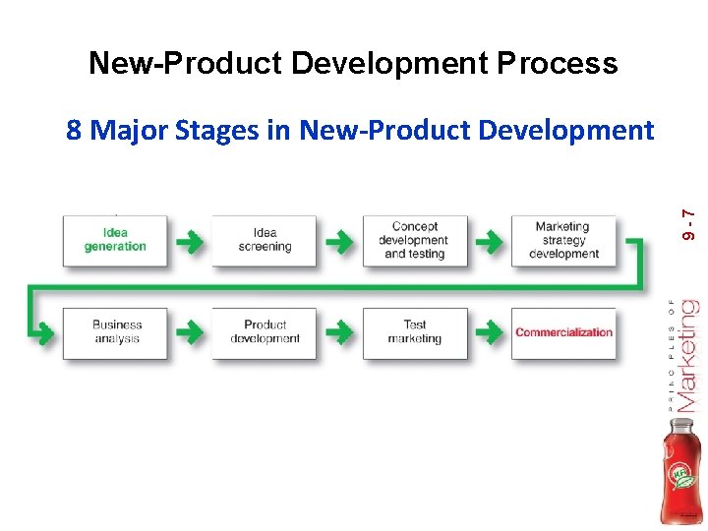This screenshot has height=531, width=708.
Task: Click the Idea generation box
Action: coord(115,240)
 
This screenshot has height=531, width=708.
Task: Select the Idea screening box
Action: coord(265,240)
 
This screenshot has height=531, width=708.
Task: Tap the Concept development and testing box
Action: coord(415,240)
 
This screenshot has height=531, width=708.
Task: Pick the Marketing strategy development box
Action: coord(563,240)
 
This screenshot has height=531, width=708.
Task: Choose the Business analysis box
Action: coord(116,332)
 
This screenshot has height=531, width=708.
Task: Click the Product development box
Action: coord(265,332)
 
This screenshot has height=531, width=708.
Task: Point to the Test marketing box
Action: coord(415,332)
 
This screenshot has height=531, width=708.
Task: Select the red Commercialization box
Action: coord(563,332)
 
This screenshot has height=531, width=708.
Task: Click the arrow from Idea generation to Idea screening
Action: coord(190,239)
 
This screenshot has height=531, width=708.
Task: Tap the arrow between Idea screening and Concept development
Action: coord(339,239)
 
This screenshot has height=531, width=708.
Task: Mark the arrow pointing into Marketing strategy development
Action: coord(489,239)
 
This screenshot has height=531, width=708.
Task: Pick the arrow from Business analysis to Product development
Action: coord(190,331)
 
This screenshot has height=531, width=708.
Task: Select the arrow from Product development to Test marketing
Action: coord(339,331)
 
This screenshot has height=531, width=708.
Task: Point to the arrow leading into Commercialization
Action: coord(489,331)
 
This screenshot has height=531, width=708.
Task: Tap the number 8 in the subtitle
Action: coord(74,130)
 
